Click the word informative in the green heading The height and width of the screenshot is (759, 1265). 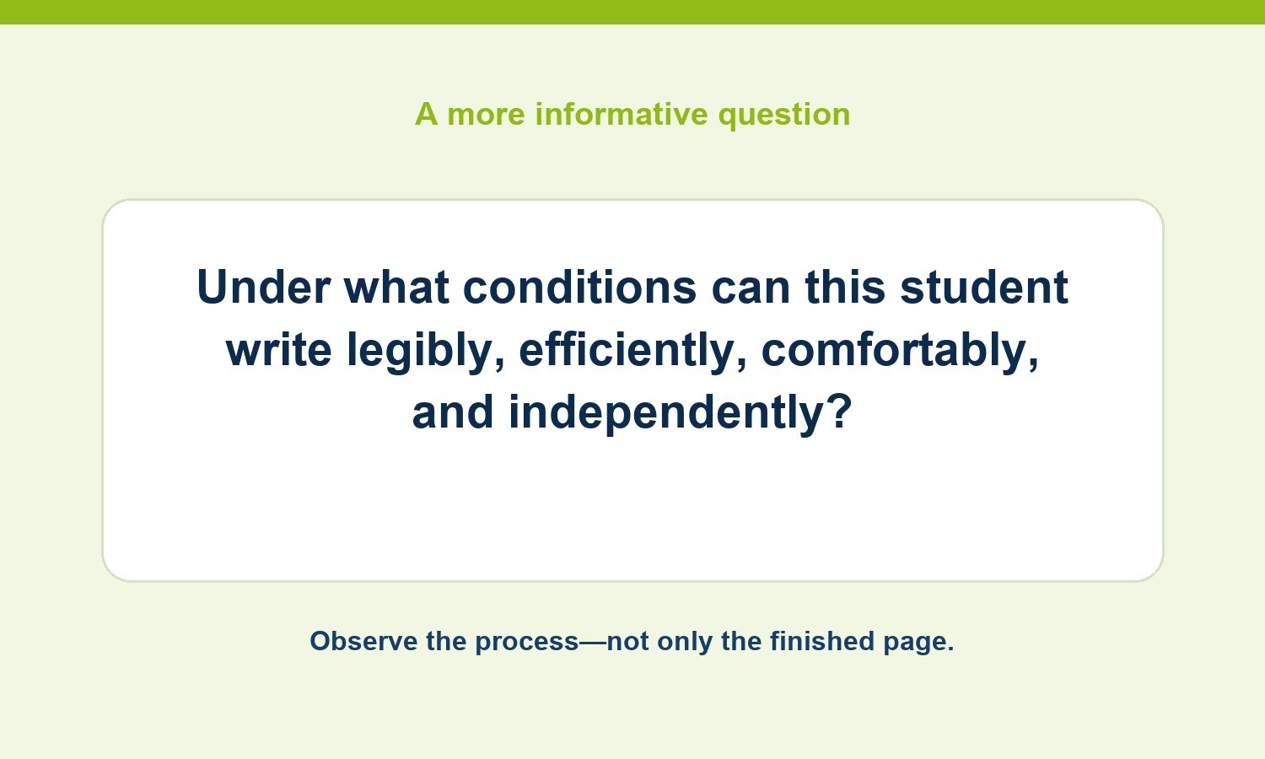[622, 114]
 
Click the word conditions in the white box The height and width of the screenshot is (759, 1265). [579, 287]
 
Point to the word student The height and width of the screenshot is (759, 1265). [984, 287]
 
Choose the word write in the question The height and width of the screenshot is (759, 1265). [279, 350]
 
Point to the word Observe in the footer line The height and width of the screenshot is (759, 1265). [363, 641]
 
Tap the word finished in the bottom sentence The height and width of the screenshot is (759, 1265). [821, 641]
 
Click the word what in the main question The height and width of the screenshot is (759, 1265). [396, 287]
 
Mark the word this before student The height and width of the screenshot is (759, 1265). [845, 287]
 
